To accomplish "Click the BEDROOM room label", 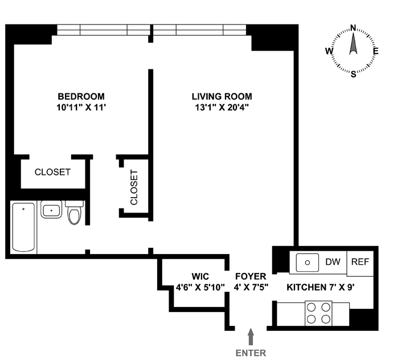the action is point(81,96).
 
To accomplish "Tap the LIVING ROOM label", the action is point(222,96).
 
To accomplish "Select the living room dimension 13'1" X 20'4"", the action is point(222,108).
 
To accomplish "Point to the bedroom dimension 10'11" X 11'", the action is point(81,108).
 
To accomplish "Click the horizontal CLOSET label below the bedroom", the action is point(52,172).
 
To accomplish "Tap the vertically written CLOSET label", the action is point(134,187).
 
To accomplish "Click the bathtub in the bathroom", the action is point(23,227).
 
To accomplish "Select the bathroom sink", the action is point(51,209).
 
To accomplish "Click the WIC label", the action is point(200,276).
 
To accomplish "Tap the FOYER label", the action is point(251,276).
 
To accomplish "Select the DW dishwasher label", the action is point(333,262).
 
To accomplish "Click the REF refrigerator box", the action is point(360,263).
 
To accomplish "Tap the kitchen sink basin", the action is point(308,263).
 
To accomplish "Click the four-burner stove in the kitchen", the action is point(318,313).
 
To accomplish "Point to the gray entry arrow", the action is point(251,337).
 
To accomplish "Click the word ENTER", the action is point(251,353).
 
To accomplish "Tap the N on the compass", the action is point(353,27).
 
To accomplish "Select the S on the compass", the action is point(353,74).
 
